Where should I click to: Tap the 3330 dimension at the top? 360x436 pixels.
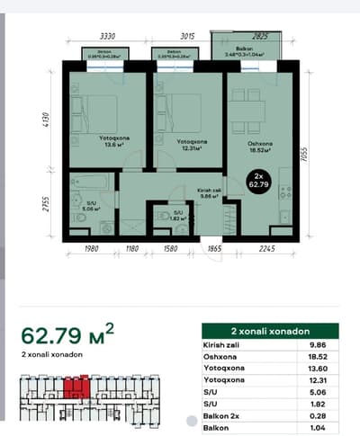(107, 36)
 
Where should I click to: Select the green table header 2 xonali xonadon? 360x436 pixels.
(269, 331)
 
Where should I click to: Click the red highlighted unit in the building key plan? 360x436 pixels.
(75, 387)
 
